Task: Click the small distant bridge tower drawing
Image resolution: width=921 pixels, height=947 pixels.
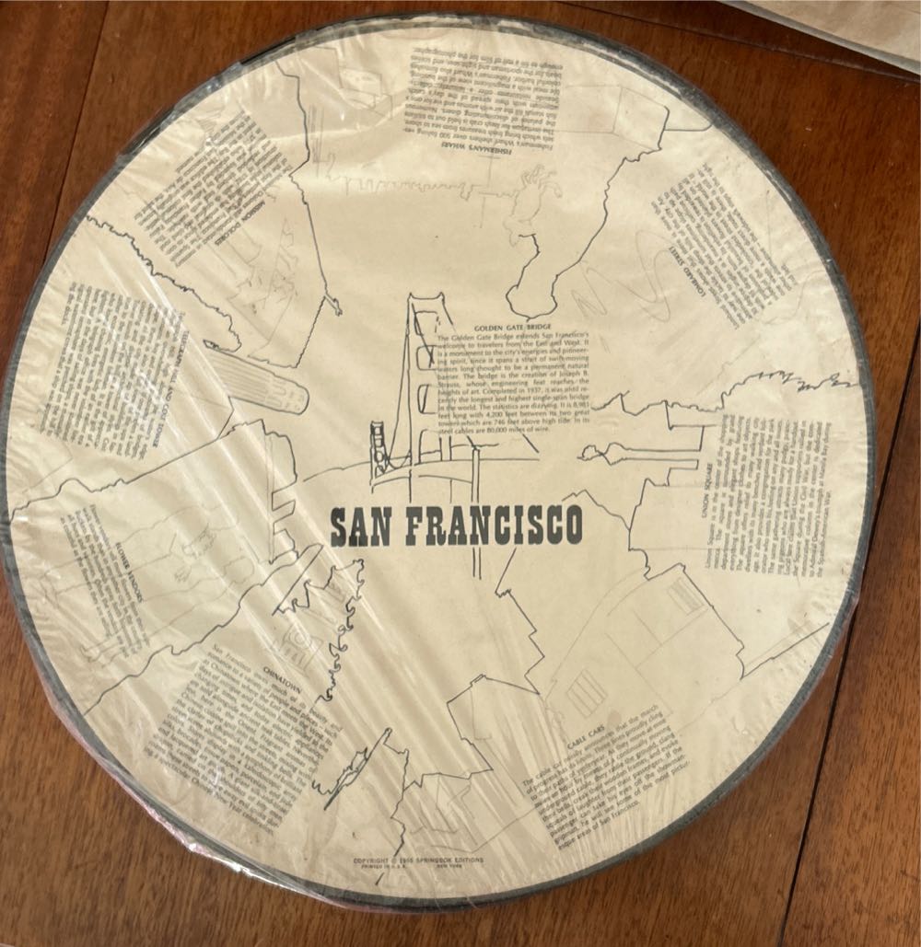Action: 379,437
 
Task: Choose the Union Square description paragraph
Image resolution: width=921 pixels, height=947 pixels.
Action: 774,497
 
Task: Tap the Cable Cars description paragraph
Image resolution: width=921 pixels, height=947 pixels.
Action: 635,782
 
